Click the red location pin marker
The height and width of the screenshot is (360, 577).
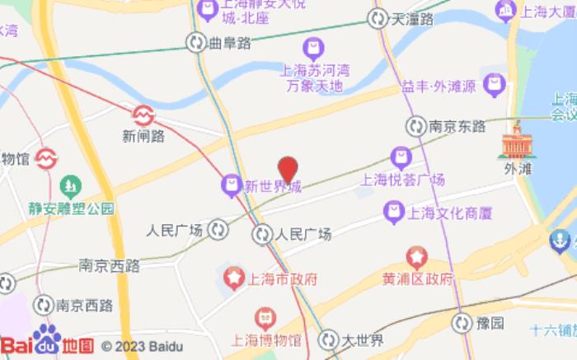(287, 169)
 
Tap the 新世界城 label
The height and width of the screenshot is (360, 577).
(272, 187)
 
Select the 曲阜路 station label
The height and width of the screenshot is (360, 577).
(230, 42)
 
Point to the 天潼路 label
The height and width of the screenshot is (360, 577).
(412, 19)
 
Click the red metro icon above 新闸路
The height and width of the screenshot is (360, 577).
(143, 112)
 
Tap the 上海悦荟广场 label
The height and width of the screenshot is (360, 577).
(403, 179)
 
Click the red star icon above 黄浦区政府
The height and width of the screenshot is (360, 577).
(417, 259)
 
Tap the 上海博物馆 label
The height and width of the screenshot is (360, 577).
(265, 338)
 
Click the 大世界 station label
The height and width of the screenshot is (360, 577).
(364, 338)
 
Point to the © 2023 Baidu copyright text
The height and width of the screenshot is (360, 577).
(148, 346)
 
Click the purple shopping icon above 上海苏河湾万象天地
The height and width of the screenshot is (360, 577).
(313, 47)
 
